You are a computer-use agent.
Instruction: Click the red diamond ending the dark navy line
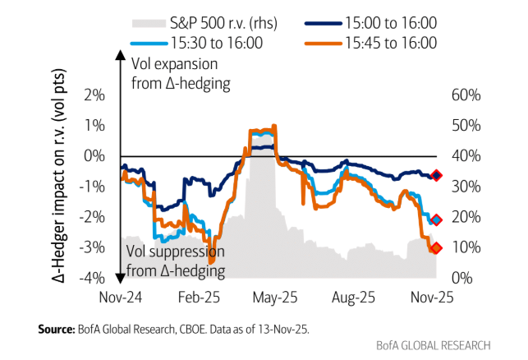437,175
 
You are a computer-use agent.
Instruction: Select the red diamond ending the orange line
436,247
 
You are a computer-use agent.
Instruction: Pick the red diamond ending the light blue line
437,219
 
